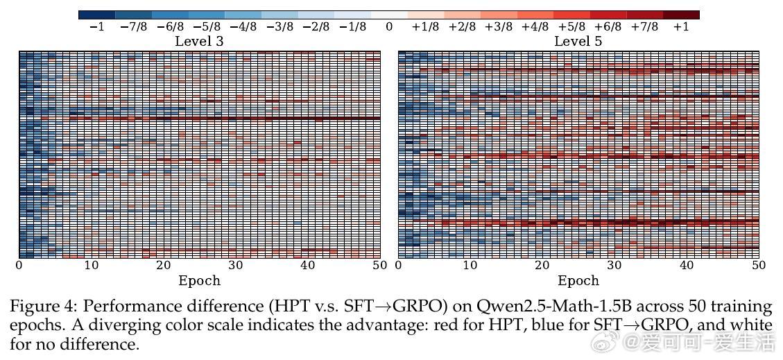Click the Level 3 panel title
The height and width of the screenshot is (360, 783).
(x=199, y=42)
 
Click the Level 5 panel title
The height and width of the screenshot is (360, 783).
(x=578, y=42)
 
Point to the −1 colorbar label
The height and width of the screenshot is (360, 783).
(x=96, y=27)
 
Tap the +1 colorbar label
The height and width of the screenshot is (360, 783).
(x=681, y=27)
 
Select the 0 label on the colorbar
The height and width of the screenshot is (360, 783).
(x=389, y=27)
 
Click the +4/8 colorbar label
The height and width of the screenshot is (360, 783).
(x=535, y=27)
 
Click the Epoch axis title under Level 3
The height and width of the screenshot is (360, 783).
(x=199, y=281)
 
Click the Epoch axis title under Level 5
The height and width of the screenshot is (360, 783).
(x=578, y=281)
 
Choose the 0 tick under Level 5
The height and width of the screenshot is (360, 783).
(x=398, y=265)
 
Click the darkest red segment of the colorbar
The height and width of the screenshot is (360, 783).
(x=681, y=15)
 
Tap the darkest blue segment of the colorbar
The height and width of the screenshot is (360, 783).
(x=96, y=15)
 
